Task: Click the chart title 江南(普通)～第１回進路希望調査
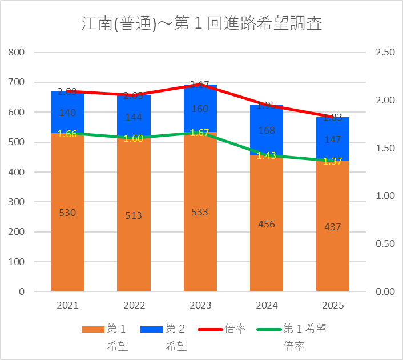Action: tap(201, 24)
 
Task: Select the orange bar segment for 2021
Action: tap(67, 240)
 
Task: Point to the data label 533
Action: tap(200, 212)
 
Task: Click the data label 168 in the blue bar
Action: tap(267, 131)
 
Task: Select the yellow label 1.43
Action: tap(267, 155)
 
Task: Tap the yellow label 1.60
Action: tap(134, 139)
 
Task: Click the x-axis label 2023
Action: tap(200, 305)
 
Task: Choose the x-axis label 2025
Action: tap(333, 305)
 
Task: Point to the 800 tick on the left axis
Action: tap(17, 53)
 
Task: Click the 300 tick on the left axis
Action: tap(17, 202)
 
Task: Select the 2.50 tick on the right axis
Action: tap(385, 53)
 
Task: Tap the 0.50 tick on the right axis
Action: tap(385, 243)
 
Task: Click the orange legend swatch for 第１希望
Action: tap(92, 329)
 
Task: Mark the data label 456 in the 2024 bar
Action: tap(267, 224)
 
